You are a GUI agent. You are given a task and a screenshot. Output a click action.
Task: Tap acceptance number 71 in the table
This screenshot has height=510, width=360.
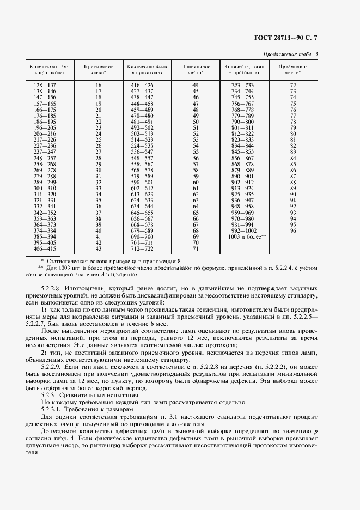(196, 249)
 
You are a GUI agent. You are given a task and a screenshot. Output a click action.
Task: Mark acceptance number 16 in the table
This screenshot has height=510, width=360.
(99, 86)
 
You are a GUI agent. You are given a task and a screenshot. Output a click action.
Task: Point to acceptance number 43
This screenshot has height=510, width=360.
(99, 249)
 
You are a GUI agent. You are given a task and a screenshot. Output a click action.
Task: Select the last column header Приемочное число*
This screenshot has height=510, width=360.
(293, 69)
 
